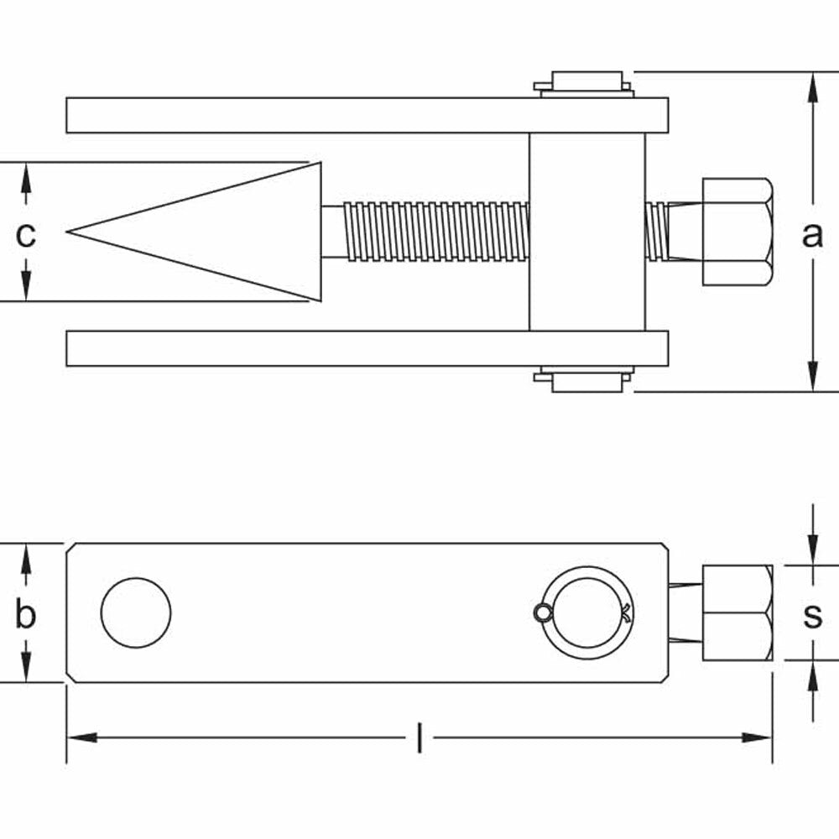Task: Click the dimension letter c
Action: point(26,235)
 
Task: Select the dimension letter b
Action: point(26,615)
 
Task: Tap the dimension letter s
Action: point(812,615)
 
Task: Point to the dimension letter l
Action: point(419,739)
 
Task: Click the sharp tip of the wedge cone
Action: point(70,230)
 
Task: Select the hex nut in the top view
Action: point(736,232)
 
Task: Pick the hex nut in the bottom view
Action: point(736,612)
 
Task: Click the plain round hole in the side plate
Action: point(136,612)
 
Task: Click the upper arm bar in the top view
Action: point(336,115)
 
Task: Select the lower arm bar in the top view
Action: point(336,348)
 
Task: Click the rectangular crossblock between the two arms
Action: point(587,231)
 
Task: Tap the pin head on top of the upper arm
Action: point(585,83)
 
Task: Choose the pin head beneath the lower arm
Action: point(585,381)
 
